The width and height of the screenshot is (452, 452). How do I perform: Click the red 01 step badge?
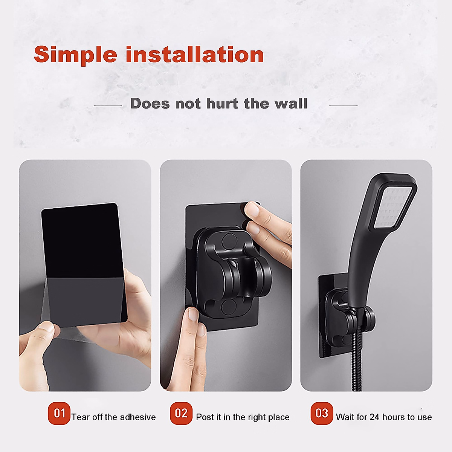[x=59, y=413]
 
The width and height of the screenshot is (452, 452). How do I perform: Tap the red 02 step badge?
[x=181, y=413]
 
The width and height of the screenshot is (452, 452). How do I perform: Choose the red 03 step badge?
[x=322, y=413]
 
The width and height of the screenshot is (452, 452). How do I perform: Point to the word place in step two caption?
[x=277, y=417]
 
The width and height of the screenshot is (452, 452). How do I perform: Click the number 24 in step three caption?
[x=374, y=417]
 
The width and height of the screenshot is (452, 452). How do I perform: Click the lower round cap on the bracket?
[x=228, y=306]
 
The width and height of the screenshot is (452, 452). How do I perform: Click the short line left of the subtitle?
[x=108, y=106]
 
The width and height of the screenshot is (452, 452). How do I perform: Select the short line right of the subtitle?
[x=343, y=106]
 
